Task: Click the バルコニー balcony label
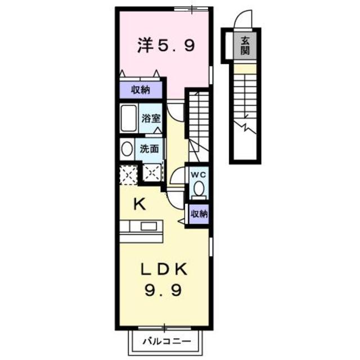pos(166,340)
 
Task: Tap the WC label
pos(199,175)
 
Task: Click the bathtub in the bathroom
pos(129,118)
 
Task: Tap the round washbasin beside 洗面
pos(127,149)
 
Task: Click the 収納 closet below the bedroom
pos(141,89)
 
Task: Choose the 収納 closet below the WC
pos(199,214)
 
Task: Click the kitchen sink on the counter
pos(148,226)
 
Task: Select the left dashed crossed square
pos(128,175)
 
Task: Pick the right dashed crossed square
pos(152,174)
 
